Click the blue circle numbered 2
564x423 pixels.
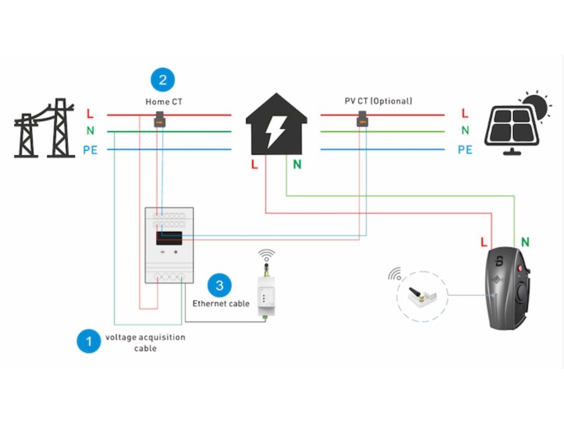coord(162,80)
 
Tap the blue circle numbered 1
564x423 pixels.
coord(88,341)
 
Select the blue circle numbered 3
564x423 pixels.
coord(220,285)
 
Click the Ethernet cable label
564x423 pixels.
coord(220,303)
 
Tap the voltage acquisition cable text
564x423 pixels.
coord(145,343)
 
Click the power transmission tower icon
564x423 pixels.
coord(45,129)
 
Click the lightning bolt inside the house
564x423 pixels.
coord(275,131)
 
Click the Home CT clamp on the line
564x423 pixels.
coord(159,118)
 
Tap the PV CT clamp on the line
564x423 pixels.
coord(362,118)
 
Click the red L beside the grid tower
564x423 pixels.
coord(90,114)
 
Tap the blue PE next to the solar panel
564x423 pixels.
coord(465,149)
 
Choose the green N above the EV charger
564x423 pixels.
coord(525,242)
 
